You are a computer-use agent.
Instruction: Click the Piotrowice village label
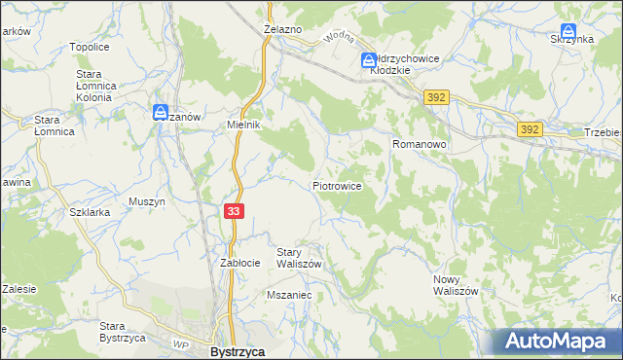(338, 185)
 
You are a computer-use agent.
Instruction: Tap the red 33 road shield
(233, 210)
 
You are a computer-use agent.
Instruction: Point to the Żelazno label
(283, 30)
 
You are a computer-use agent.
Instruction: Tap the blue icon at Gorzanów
(161, 112)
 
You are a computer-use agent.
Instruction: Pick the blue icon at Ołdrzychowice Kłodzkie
(370, 60)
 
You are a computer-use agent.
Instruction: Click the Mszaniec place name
(288, 293)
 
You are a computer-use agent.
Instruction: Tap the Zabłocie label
(239, 263)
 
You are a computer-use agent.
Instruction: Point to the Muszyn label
(147, 201)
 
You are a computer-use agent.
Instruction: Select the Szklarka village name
(87, 210)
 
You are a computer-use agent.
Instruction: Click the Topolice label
(89, 46)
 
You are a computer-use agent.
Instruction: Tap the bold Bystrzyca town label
(238, 352)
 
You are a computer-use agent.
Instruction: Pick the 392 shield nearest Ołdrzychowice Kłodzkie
(434, 96)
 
